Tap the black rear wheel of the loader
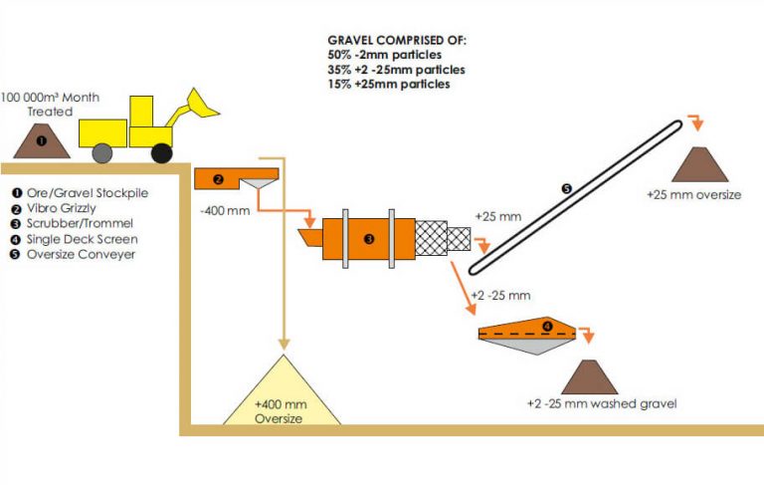coord(161,151)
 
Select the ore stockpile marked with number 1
coord(42,141)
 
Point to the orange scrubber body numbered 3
coord(369,239)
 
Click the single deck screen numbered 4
coord(528,331)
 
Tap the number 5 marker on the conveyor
coord(567,188)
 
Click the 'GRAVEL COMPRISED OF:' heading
coord(396,41)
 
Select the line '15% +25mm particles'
coord(388,85)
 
